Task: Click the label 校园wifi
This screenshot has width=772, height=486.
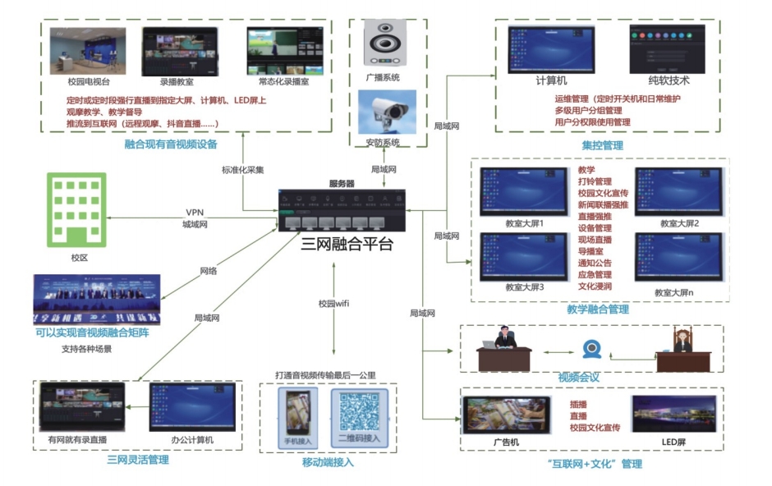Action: click(x=334, y=304)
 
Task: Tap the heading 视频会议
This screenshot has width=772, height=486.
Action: click(x=579, y=378)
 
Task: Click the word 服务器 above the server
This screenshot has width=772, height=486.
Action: click(x=341, y=184)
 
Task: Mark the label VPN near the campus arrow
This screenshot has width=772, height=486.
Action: click(x=194, y=212)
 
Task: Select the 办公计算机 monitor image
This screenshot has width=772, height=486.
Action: click(x=192, y=406)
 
